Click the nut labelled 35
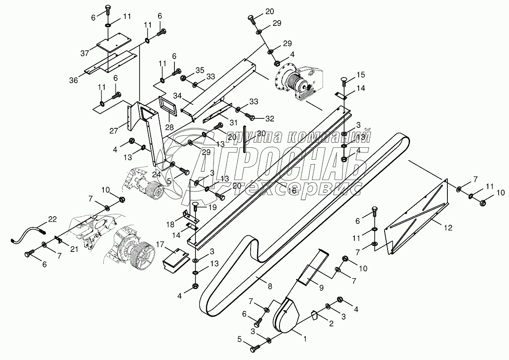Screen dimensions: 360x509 click(183, 78)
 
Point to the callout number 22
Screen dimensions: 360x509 click(52, 219)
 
